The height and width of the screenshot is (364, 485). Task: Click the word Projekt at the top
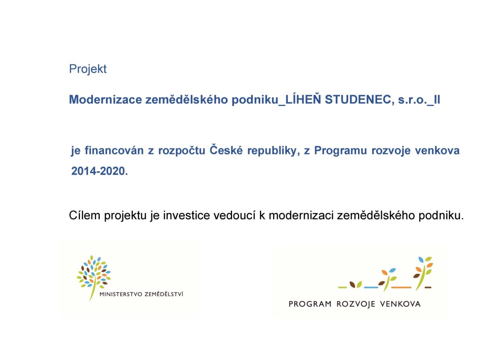[x=88, y=69]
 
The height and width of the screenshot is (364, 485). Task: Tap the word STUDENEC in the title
[x=358, y=99]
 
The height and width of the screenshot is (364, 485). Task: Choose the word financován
[x=114, y=150]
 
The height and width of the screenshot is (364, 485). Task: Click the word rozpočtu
[x=181, y=151]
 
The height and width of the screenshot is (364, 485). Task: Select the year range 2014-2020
[x=99, y=171]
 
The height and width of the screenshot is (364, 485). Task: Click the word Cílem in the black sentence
[x=84, y=215]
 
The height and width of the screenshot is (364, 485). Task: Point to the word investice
[x=186, y=215]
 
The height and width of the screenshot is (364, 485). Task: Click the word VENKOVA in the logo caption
[x=400, y=304]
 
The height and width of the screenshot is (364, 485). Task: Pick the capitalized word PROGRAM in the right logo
[x=310, y=304]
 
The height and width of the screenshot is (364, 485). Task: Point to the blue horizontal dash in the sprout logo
[x=371, y=288]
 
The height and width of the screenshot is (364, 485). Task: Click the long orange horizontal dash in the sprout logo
[x=401, y=288]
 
